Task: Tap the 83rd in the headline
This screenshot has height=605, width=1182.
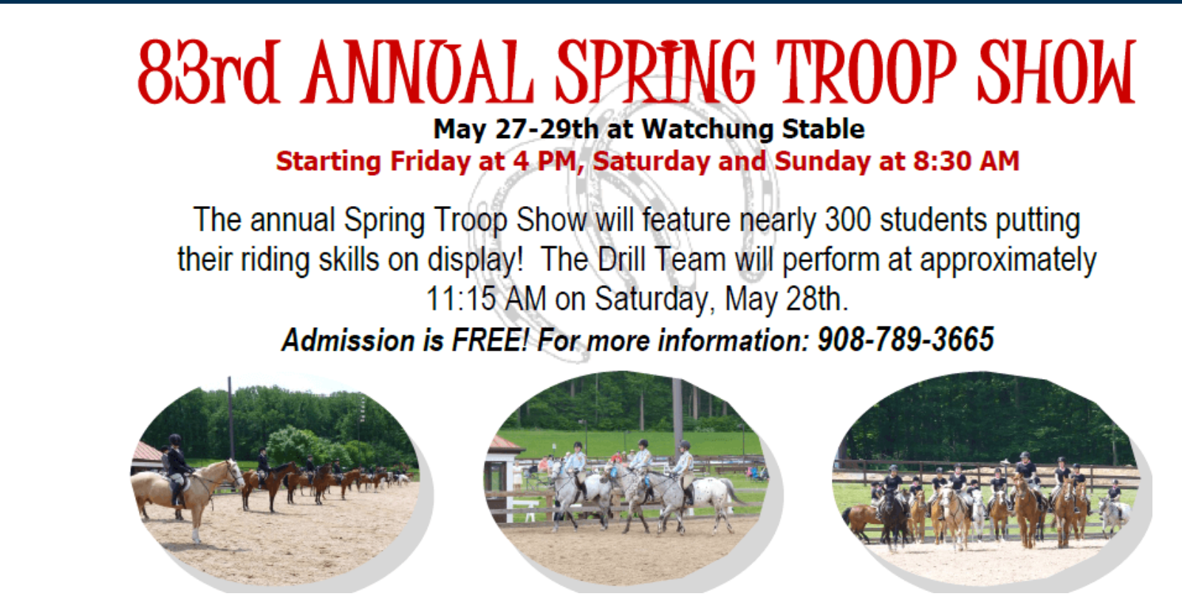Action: pos(208,72)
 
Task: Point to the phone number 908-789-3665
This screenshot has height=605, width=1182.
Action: pos(906,339)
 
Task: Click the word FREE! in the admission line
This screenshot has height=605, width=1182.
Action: pos(490,340)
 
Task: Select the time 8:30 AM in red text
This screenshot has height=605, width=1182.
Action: pos(966,161)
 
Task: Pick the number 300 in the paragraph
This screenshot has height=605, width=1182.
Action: pos(848,219)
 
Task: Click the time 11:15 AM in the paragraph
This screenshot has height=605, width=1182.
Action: pos(486,299)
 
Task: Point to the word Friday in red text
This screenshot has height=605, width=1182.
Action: pos(430,161)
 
